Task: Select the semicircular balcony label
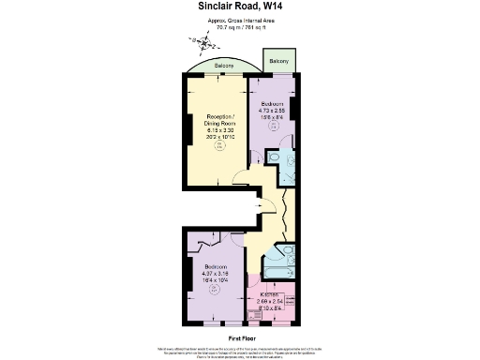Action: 224,67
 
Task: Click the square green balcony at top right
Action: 278,61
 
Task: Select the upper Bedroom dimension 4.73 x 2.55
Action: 273,110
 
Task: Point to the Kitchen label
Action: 272,294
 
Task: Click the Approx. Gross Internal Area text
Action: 240,20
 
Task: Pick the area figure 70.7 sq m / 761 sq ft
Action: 240,26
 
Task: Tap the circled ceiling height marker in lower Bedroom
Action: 214,289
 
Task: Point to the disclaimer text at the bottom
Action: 240,351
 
